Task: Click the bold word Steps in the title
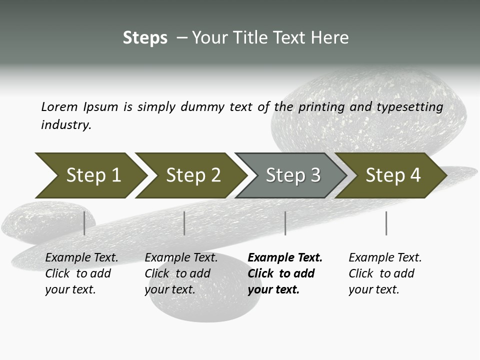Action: pyautogui.click(x=145, y=38)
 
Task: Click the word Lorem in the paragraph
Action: pyautogui.click(x=59, y=107)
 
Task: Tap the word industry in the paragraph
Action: pyautogui.click(x=65, y=125)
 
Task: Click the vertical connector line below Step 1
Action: pyautogui.click(x=84, y=223)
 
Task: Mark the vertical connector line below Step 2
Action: pyautogui.click(x=184, y=223)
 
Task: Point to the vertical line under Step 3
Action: pyautogui.click(x=285, y=223)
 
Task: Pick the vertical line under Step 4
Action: pyautogui.click(x=386, y=223)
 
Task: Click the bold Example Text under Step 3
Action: pyautogui.click(x=285, y=258)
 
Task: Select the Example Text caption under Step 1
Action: pyautogui.click(x=81, y=258)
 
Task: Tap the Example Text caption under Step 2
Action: pyautogui.click(x=181, y=258)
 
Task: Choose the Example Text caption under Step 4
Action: pyautogui.click(x=385, y=258)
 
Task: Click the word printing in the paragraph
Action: pyautogui.click(x=321, y=107)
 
